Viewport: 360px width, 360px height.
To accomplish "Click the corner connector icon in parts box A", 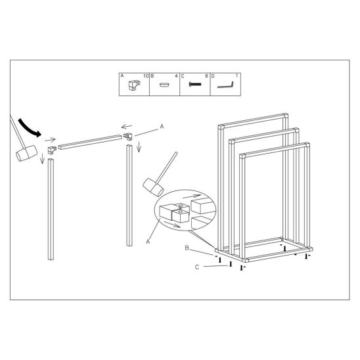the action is click(134, 85).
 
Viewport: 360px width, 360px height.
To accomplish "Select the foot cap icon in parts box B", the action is click(165, 85).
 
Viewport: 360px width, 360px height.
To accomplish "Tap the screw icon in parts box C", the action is click(195, 84).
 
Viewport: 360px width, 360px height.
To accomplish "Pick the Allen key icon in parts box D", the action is click(225, 85).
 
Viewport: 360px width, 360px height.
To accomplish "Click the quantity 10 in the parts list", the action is click(146, 76).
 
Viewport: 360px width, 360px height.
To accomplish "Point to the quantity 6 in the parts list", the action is click(206, 76).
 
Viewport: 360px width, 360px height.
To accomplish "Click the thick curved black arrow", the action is click(29, 128).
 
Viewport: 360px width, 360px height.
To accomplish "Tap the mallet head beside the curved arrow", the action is click(26, 153).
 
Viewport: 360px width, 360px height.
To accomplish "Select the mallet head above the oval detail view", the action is click(153, 187).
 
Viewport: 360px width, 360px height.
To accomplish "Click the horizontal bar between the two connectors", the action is click(90, 143).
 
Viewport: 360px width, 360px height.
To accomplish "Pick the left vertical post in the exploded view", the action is click(51, 209).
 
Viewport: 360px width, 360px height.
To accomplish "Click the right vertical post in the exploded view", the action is click(129, 195).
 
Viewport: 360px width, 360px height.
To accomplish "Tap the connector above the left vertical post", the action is click(52, 150).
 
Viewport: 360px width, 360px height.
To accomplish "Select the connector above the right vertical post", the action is click(128, 137).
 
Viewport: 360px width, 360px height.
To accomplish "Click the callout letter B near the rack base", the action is click(187, 248).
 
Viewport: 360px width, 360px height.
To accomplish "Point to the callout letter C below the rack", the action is click(197, 267).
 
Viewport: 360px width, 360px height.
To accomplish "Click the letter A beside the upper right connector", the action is click(162, 126).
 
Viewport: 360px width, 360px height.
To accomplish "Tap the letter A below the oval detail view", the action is click(148, 242).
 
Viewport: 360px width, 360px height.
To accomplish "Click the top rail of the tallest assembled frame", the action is click(253, 121).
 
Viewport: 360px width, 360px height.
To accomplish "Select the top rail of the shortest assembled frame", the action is click(275, 150).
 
